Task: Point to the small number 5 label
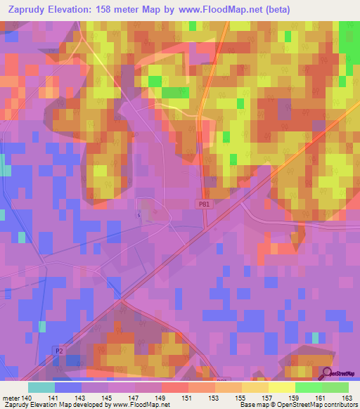click(139, 215)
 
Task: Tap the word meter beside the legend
click(11, 398)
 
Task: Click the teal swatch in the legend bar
click(41, 387)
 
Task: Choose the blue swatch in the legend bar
click(67, 387)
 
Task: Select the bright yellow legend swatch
click(281, 387)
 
